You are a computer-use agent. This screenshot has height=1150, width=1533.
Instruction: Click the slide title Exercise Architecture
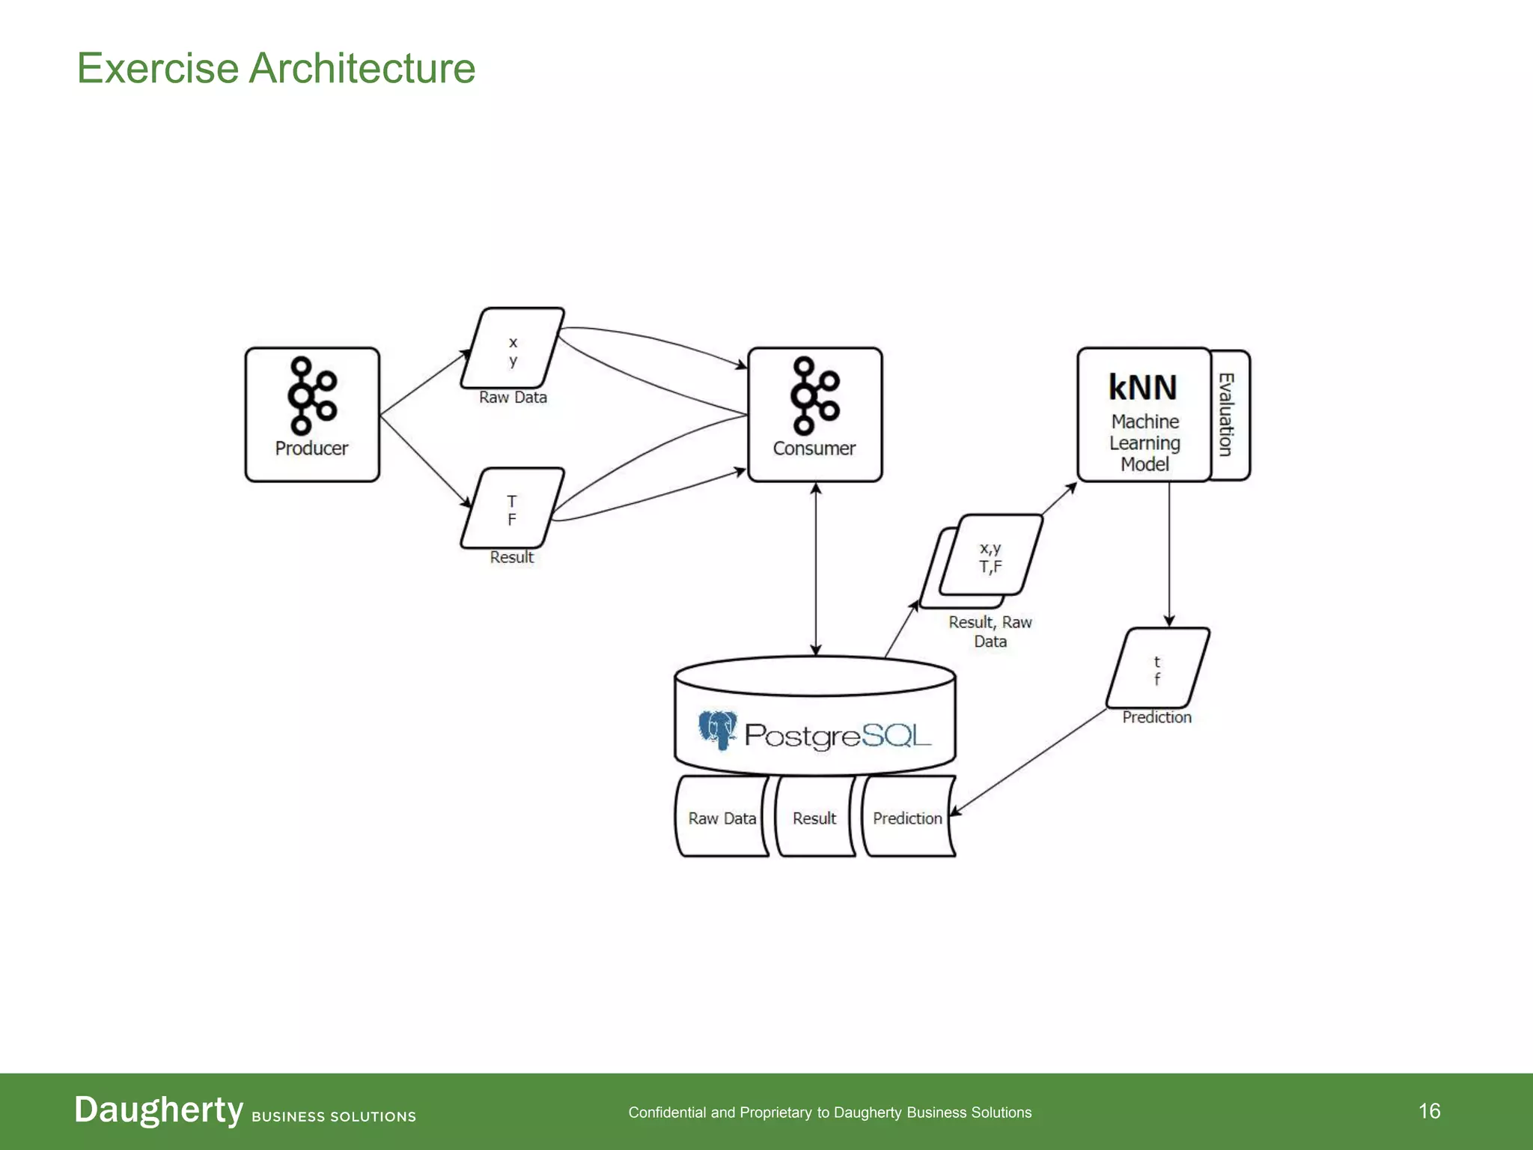point(276,68)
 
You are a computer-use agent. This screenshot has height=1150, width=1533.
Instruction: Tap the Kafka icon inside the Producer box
point(311,395)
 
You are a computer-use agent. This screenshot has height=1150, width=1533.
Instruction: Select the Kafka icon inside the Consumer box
point(814,395)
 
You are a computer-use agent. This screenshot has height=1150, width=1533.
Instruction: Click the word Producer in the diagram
point(311,448)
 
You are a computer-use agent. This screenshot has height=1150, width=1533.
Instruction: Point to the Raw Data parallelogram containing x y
point(513,349)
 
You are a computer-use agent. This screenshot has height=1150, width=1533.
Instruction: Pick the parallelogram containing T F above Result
point(512,509)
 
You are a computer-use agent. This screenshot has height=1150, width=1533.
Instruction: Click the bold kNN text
point(1142,388)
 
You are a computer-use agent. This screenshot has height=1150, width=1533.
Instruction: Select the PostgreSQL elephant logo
point(717,729)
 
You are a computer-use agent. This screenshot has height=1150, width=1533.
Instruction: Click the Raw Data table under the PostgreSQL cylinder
point(722,818)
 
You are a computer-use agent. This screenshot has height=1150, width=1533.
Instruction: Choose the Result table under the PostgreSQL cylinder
point(814,818)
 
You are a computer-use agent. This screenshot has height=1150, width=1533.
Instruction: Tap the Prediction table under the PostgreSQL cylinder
point(907,818)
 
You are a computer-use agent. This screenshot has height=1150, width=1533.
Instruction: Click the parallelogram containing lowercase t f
point(1157,669)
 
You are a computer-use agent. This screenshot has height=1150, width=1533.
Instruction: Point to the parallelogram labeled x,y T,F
point(990,556)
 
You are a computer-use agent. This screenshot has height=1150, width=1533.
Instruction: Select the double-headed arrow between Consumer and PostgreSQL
point(816,569)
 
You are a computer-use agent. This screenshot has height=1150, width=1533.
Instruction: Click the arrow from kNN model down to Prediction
point(1169,554)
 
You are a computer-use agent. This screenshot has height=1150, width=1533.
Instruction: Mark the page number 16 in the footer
point(1429,1111)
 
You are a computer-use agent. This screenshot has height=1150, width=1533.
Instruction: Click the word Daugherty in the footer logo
point(159,1110)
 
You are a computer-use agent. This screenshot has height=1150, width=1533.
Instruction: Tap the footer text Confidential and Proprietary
point(829,1113)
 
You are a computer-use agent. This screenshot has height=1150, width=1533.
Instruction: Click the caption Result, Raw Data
point(990,631)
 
